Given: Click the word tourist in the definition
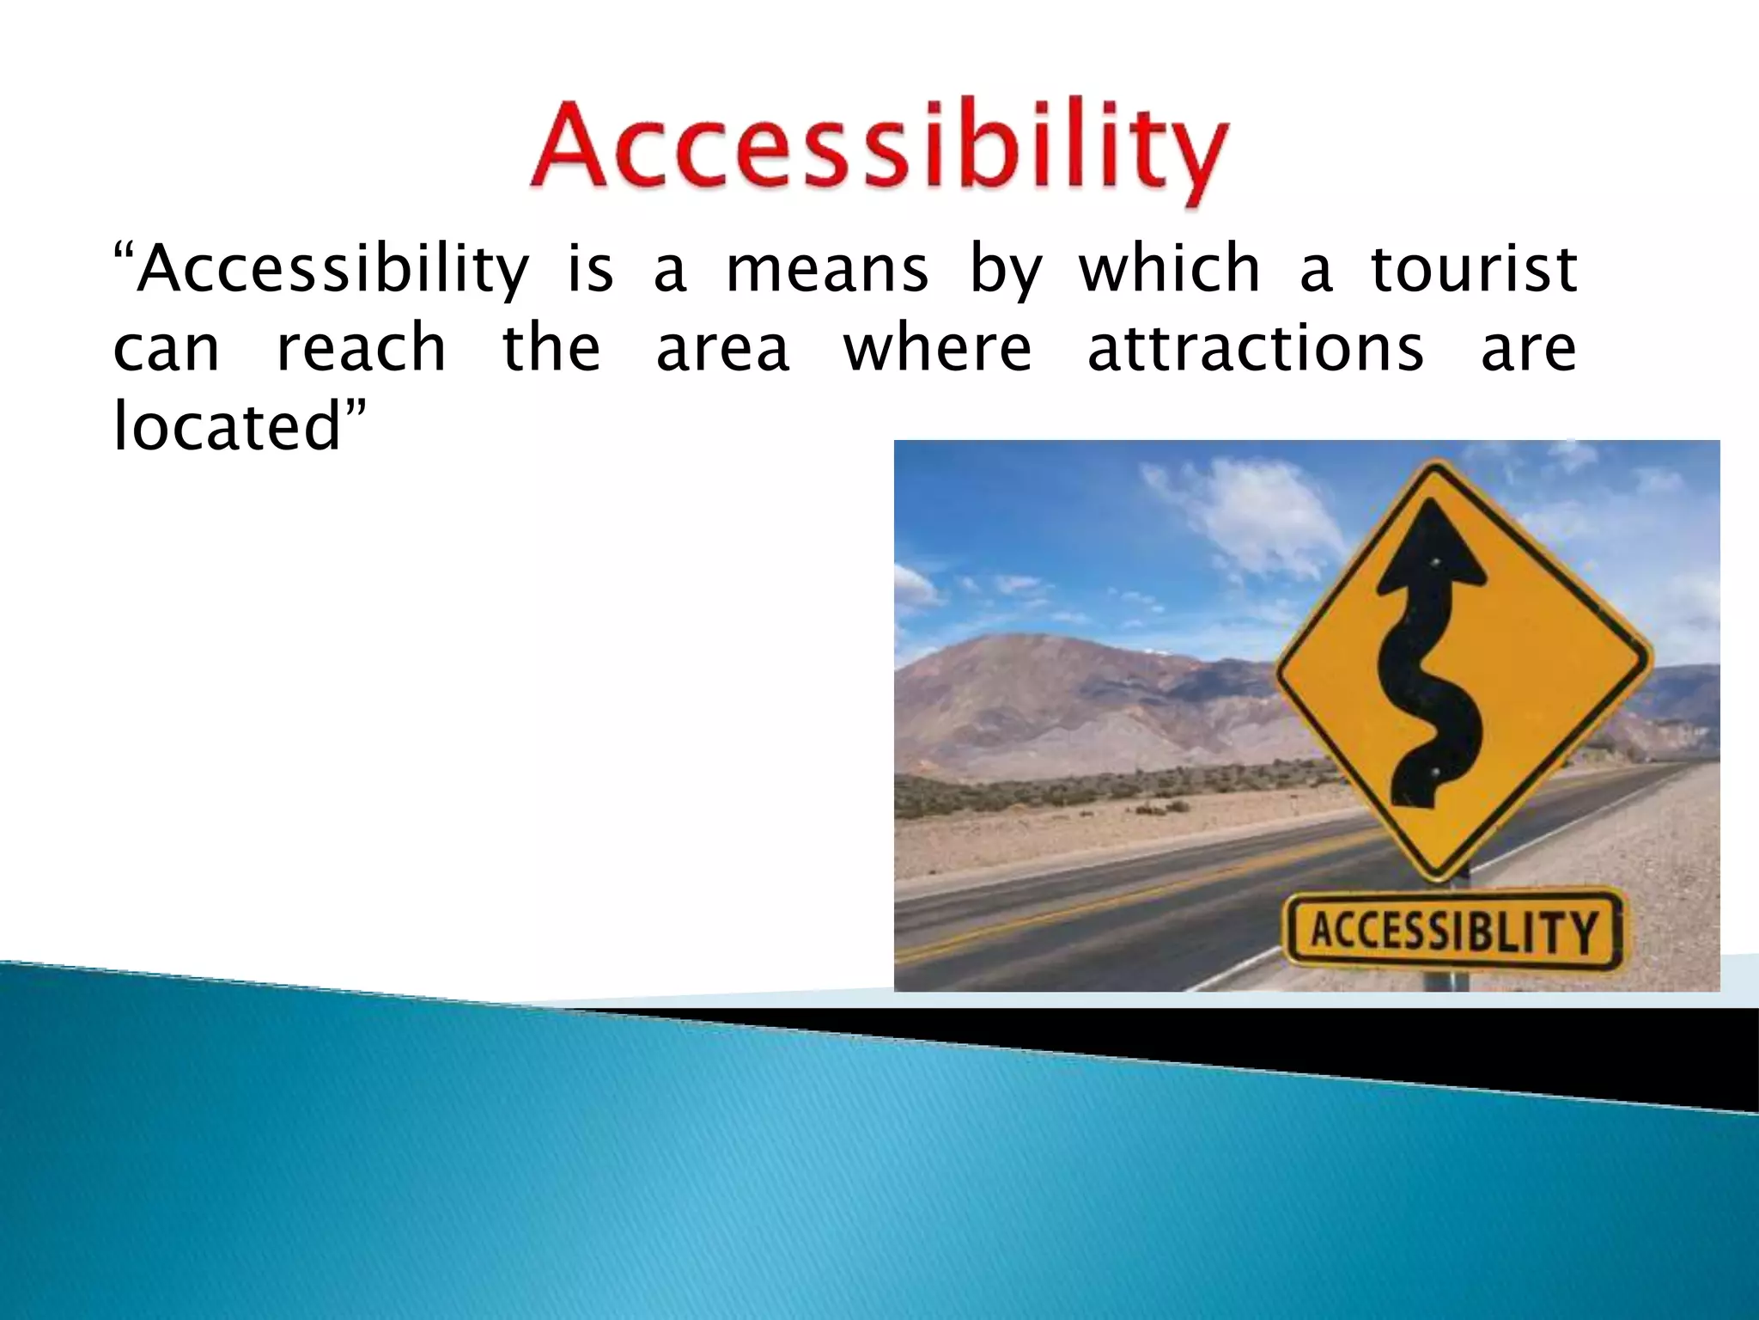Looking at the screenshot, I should pyautogui.click(x=1474, y=270).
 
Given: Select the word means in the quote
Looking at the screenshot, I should pyautogui.click(x=827, y=270).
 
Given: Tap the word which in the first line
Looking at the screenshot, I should pyautogui.click(x=1169, y=268).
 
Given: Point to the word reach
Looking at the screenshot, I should pyautogui.click(x=361, y=349).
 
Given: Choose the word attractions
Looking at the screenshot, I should pyautogui.click(x=1255, y=349).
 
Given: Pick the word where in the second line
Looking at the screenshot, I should pyautogui.click(x=937, y=349).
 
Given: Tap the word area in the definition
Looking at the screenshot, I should pyautogui.click(x=722, y=351).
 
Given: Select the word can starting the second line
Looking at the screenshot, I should pyautogui.click(x=167, y=351).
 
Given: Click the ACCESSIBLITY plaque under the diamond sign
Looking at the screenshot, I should pyautogui.click(x=1453, y=932).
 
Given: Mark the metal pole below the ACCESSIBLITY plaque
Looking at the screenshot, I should pyautogui.click(x=1452, y=980).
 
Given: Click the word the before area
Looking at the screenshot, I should pyautogui.click(x=551, y=349).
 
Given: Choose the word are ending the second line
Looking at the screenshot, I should pyautogui.click(x=1528, y=351).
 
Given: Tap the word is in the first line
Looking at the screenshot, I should pyautogui.click(x=590, y=270).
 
